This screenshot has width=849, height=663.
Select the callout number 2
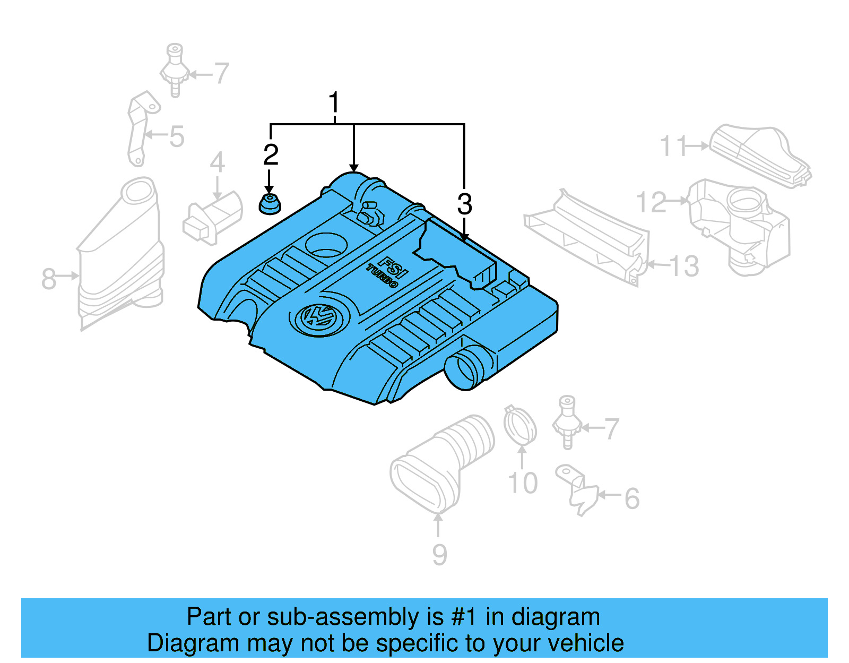click(271, 155)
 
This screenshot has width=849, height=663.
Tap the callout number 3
click(464, 204)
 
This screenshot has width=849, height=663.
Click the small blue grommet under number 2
click(270, 205)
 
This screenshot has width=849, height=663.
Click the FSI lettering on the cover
click(392, 267)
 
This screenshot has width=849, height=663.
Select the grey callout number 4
click(217, 162)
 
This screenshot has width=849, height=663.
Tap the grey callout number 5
click(177, 136)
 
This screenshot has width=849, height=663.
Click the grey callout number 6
click(631, 499)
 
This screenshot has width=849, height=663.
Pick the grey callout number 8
click(49, 279)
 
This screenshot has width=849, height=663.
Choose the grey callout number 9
click(439, 554)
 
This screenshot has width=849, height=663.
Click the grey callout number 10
click(523, 483)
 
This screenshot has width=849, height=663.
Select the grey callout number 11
click(673, 146)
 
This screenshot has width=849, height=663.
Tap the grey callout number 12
click(651, 202)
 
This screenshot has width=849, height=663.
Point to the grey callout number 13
click(684, 266)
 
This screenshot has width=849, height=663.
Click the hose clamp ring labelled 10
click(519, 426)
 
